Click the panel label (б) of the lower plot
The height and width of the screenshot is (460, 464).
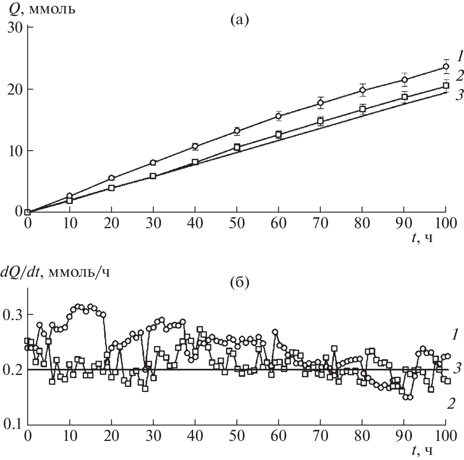click(239, 283)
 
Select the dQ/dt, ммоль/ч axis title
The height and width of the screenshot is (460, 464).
click(56, 272)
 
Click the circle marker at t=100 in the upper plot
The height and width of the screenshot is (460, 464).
click(446, 66)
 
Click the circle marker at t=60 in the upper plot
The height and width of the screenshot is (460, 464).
click(279, 116)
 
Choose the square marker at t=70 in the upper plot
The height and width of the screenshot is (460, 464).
click(320, 121)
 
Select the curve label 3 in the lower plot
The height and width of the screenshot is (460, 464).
click(457, 369)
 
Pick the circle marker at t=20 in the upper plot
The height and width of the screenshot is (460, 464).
click(112, 178)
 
